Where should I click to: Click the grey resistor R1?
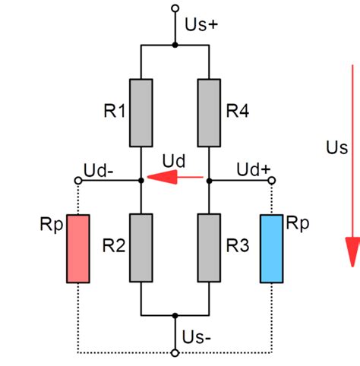click(x=142, y=112)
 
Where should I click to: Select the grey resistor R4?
click(x=209, y=112)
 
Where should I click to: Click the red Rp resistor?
click(x=78, y=248)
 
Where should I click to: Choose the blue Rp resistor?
click(x=273, y=248)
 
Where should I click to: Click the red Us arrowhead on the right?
click(x=352, y=251)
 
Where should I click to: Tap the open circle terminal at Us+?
click(x=175, y=9)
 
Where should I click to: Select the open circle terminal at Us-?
click(x=175, y=352)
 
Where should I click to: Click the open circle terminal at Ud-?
click(x=78, y=181)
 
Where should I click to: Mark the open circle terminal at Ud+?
click(x=273, y=181)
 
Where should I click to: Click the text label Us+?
click(x=201, y=24)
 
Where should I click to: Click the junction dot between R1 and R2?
click(x=142, y=181)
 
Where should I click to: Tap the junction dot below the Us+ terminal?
click(x=175, y=46)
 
